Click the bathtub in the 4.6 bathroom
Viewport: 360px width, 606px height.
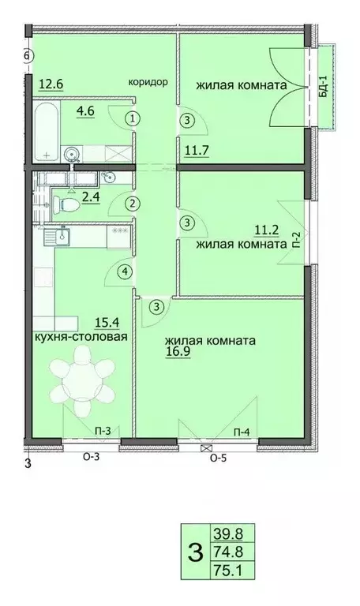[47, 130]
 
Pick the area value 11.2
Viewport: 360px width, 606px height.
[268, 230]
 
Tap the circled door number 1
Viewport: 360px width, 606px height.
[133, 119]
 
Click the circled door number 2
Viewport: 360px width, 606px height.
[134, 204]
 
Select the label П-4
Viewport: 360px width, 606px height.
[242, 432]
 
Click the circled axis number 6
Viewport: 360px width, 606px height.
[28, 56]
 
